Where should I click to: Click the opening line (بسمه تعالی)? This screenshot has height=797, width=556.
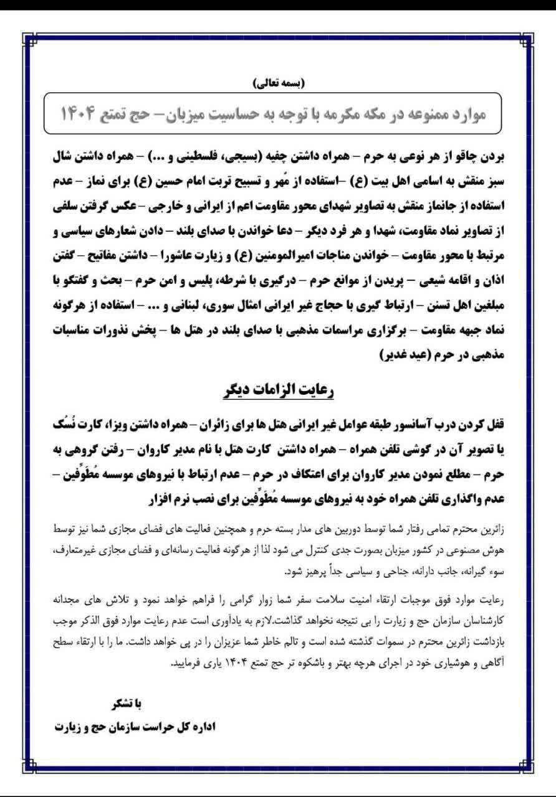click(x=278, y=82)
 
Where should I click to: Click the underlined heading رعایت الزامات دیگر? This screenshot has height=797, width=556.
click(x=278, y=390)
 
